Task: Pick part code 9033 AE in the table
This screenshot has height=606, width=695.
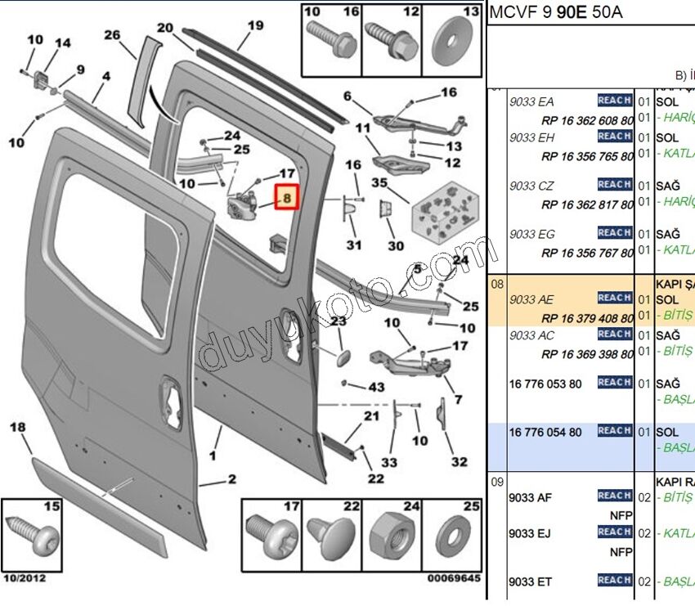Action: point(531,299)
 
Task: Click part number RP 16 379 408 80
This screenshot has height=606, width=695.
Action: point(587,316)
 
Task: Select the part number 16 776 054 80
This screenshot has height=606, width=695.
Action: point(545,432)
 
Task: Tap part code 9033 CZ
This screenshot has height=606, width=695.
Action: point(531,186)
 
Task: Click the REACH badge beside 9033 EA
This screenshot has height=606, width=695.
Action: point(614,101)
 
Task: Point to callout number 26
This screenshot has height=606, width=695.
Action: point(112,35)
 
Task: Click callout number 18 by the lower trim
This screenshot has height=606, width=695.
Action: point(17,427)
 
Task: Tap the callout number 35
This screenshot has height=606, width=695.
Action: point(379,182)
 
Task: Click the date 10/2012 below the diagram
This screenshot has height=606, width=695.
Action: point(25,578)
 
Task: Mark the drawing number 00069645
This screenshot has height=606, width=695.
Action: point(453,578)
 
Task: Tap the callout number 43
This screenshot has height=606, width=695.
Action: point(376,387)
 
